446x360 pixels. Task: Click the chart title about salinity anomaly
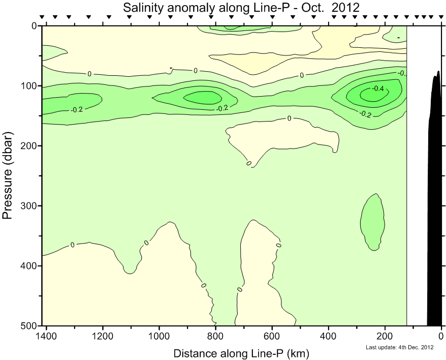click(x=241, y=7)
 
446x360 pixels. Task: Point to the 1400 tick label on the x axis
click(x=47, y=336)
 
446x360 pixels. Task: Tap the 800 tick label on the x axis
click(x=216, y=336)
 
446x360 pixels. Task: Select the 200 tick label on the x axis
click(x=385, y=336)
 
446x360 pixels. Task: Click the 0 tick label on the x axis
click(x=441, y=336)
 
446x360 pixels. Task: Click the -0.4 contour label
click(x=377, y=88)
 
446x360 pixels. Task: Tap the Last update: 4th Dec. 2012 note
click(x=399, y=348)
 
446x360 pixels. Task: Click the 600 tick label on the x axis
click(x=272, y=336)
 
